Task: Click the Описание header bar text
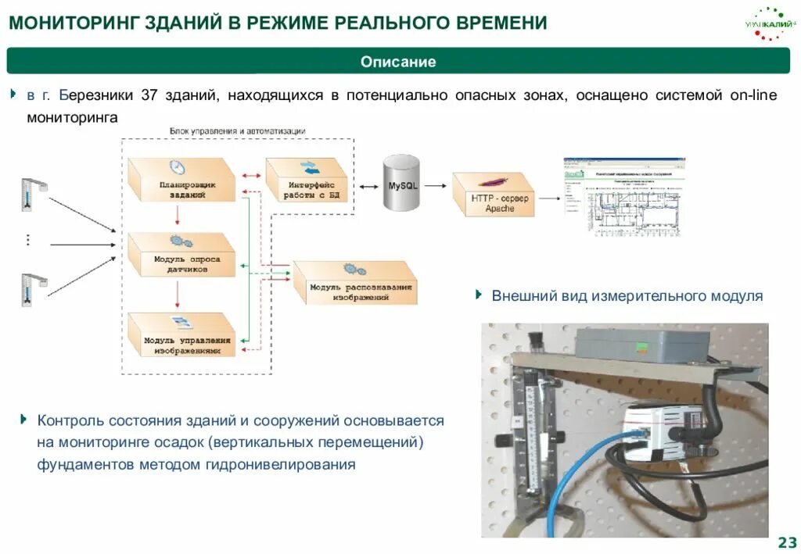[398, 62]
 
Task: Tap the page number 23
[787, 543]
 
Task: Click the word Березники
[95, 95]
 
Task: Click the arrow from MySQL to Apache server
[437, 186]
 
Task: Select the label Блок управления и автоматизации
[237, 130]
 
